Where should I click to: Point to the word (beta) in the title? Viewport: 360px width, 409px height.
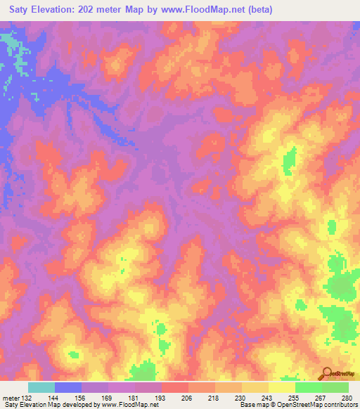[x=257, y=10]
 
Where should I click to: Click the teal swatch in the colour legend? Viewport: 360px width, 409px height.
[x=41, y=387]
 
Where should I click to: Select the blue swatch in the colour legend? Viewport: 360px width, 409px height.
[x=68, y=387]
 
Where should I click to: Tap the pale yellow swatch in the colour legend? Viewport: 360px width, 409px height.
[x=282, y=387]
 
